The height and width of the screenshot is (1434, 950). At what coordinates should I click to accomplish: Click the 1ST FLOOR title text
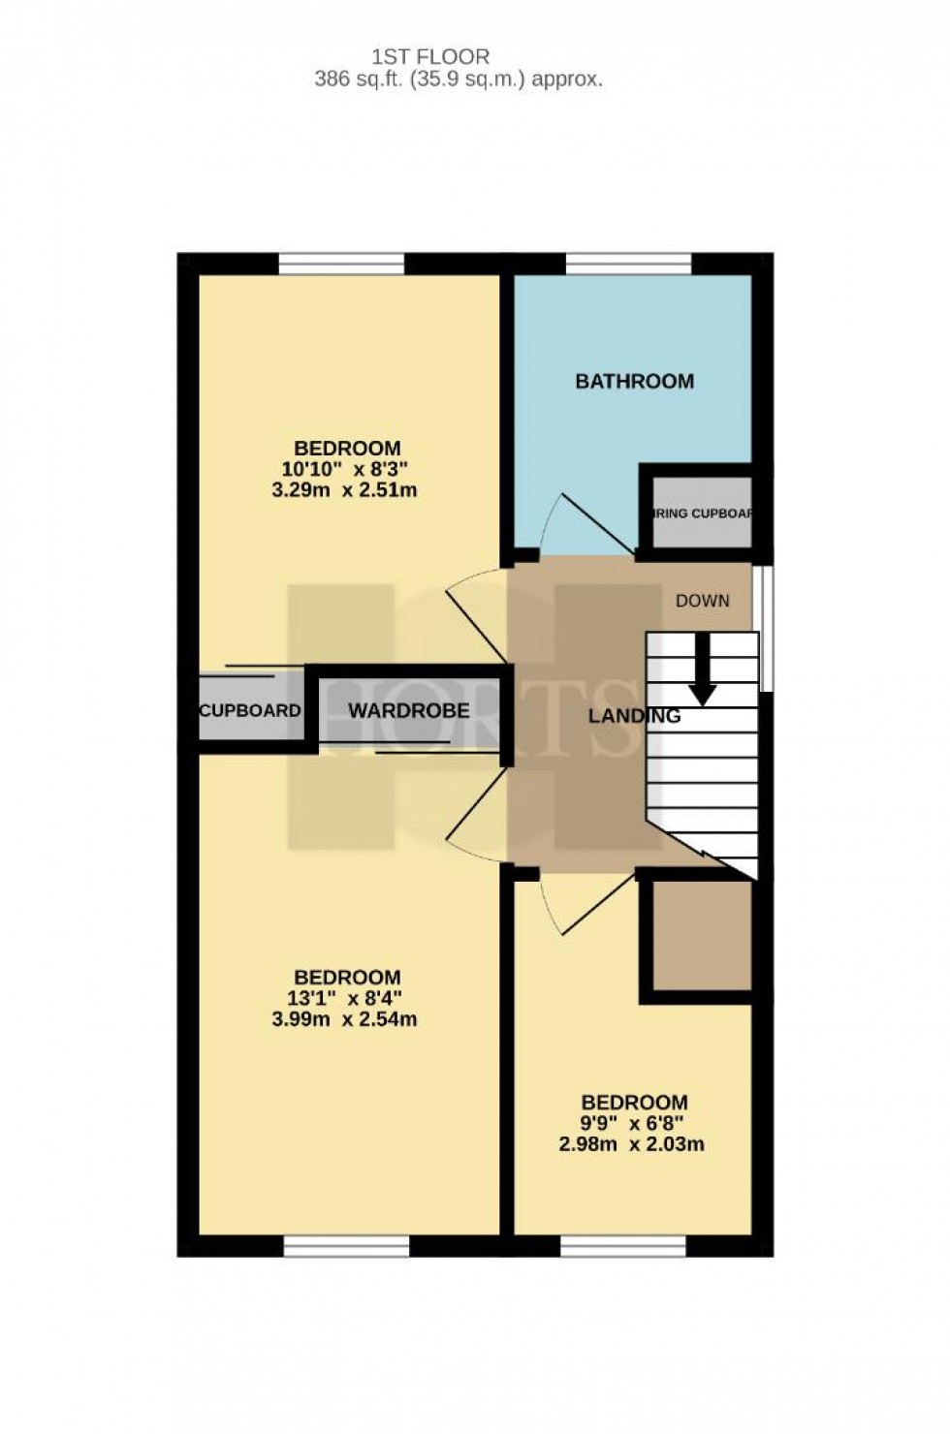click(430, 57)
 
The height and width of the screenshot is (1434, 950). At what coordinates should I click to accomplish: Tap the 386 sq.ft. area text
click(458, 79)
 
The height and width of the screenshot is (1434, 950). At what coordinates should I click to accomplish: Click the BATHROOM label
click(634, 381)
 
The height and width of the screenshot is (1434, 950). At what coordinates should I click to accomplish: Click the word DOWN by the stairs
click(702, 601)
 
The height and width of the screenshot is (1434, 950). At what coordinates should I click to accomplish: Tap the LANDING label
click(634, 716)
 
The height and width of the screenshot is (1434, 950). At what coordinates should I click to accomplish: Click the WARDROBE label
click(408, 710)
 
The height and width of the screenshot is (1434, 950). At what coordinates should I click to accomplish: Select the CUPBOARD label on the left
click(249, 710)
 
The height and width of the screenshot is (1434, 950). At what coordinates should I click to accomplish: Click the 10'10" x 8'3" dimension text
click(345, 469)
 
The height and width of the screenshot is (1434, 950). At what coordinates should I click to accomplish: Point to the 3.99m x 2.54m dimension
click(345, 1019)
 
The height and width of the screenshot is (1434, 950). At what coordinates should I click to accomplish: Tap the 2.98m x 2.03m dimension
click(631, 1144)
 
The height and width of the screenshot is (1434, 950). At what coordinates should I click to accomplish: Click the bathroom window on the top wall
click(627, 264)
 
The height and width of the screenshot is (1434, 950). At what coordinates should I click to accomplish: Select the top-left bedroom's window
click(340, 264)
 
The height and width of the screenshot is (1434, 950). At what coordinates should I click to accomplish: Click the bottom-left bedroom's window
click(346, 1246)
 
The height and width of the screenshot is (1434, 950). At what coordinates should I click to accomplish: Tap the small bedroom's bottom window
click(622, 1246)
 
